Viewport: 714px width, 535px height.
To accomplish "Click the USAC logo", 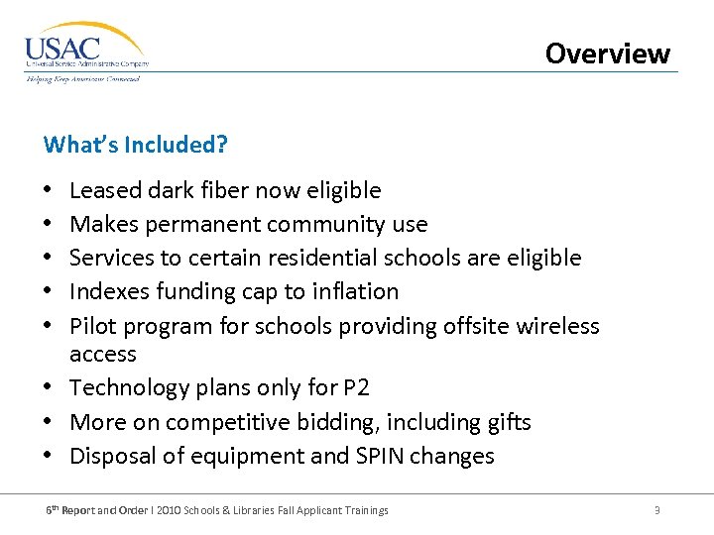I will click(86, 52).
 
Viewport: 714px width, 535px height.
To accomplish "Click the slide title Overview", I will click(607, 53).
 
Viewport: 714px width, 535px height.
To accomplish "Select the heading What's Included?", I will click(136, 145).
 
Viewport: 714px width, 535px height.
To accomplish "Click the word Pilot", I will click(93, 326).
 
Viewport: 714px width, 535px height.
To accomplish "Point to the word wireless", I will click(554, 326).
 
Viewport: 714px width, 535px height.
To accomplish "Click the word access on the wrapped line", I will click(103, 354).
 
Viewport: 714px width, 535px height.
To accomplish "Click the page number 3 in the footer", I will click(656, 510).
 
